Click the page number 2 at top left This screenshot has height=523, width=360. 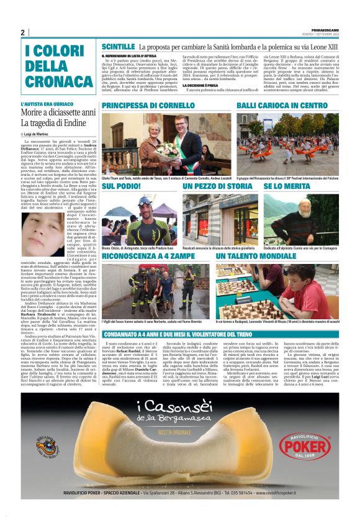coord(22,33)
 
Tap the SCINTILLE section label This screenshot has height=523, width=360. coord(118,47)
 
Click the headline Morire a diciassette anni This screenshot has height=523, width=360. coord(58,112)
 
